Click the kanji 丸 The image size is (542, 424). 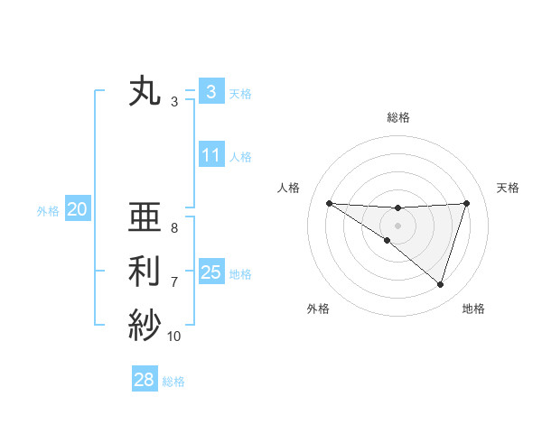tap(145, 92)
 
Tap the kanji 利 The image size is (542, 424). tap(145, 272)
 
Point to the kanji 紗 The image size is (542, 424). tap(145, 324)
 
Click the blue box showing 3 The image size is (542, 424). tap(210, 92)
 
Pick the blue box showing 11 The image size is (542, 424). tap(210, 155)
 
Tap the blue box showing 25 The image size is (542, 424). tap(210, 272)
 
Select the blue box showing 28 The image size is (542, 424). tap(144, 380)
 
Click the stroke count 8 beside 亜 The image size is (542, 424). tap(174, 228)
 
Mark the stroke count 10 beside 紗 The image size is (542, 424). tap(174, 336)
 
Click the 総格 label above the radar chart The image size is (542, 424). tap(398, 118)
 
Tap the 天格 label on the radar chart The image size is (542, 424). tap(508, 188)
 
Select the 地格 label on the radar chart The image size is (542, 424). tap(473, 309)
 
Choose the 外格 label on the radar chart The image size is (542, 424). tap(318, 309)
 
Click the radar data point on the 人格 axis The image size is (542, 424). tap(329, 203)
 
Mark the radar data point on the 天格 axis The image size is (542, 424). tap(467, 203)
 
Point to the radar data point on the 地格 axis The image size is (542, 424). tap(440, 284)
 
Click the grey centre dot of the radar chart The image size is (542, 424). tap(397, 225)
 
